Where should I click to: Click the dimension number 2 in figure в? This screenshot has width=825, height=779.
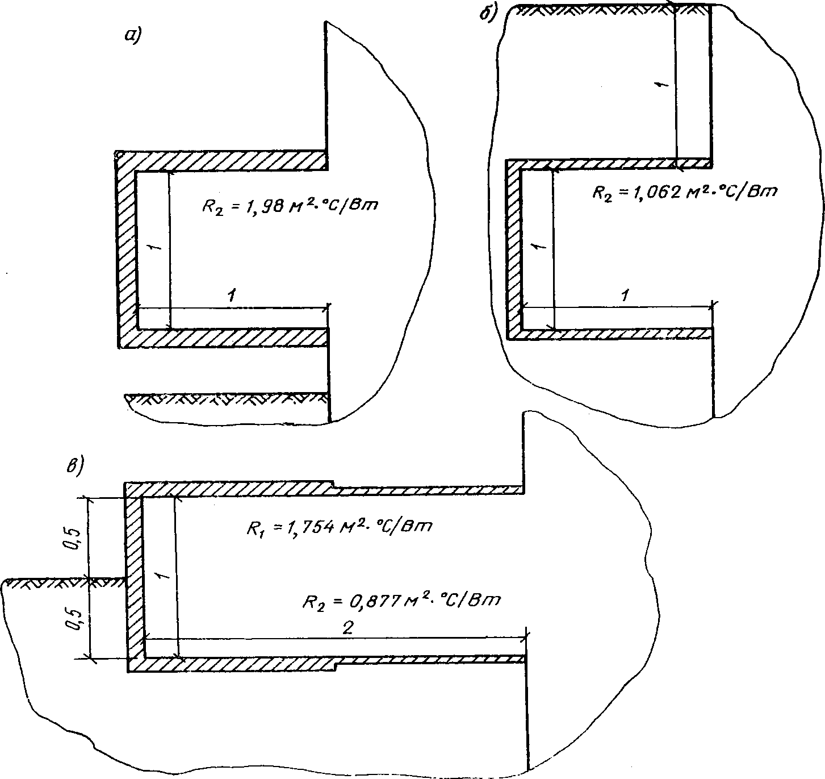347,627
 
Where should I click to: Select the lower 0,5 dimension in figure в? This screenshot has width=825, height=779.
74,619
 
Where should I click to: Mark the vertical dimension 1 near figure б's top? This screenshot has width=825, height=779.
662,85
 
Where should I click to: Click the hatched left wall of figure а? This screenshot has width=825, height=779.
125,249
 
